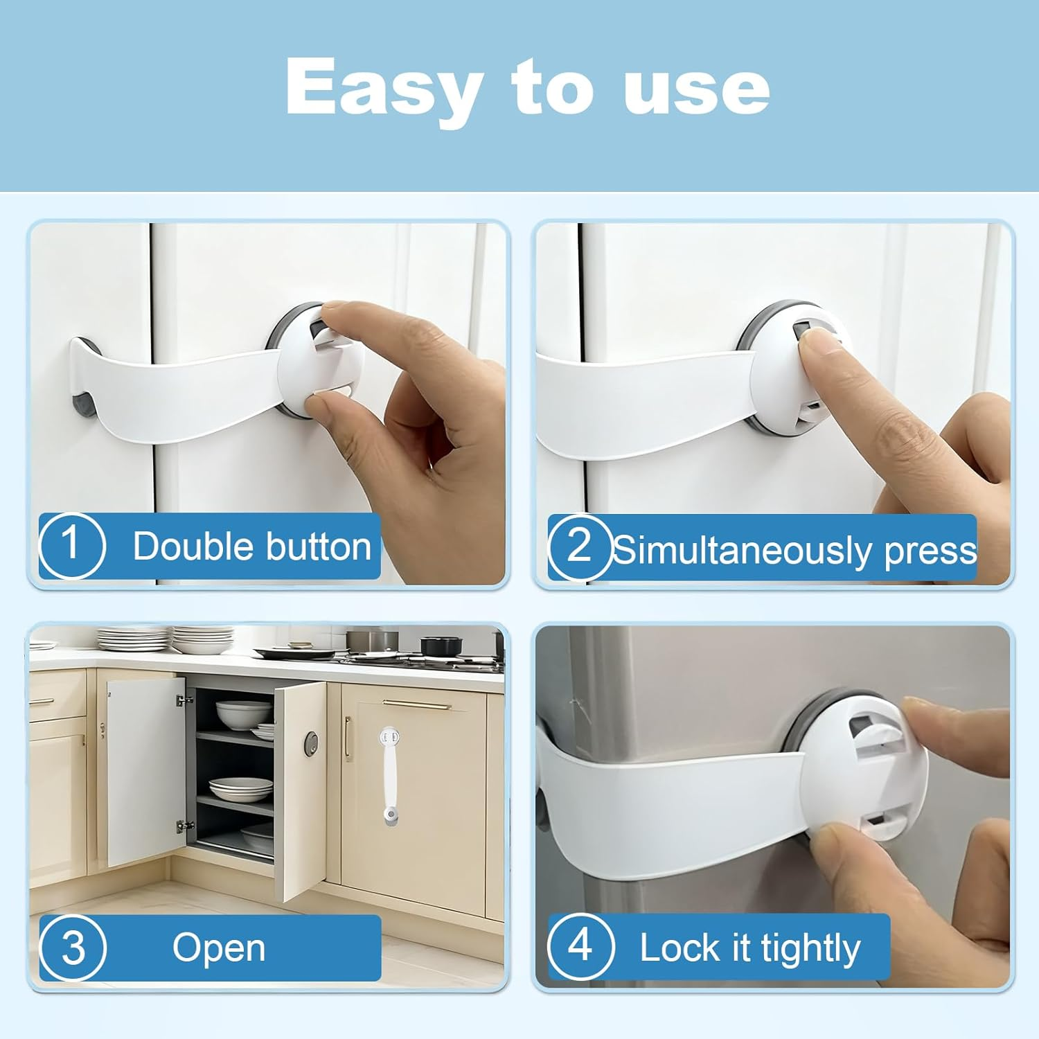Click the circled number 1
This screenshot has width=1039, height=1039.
(71, 544)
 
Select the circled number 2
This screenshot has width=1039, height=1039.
(579, 547)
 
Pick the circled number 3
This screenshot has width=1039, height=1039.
(72, 947)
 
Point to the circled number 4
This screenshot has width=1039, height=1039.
(580, 945)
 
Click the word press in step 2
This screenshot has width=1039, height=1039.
(930, 551)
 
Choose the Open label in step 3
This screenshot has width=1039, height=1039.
(219, 948)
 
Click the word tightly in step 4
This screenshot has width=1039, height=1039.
(810, 948)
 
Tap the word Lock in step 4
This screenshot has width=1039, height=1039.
(680, 948)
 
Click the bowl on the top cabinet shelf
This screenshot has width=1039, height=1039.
(243, 711)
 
